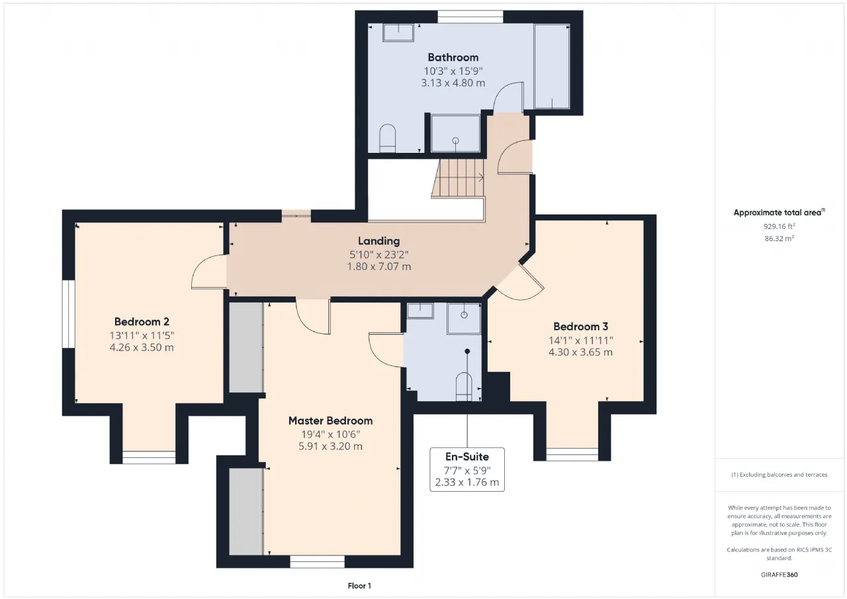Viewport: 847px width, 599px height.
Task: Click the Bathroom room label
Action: point(453,58)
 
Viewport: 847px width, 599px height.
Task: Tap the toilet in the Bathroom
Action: point(387,138)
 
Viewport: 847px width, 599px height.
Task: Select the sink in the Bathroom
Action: point(398,32)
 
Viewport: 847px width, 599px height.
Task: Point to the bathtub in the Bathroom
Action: point(552,67)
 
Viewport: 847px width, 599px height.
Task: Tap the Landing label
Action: point(379,241)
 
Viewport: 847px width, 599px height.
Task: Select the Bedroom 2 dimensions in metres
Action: point(142,347)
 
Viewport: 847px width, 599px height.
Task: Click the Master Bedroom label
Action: point(330,420)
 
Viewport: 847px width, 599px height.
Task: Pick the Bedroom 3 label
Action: point(581,326)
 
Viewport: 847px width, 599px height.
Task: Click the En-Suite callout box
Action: point(467,469)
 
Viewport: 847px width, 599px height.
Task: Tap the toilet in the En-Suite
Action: point(464,387)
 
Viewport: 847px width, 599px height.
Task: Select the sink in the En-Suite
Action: point(420,311)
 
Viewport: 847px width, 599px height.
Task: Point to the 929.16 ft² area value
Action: point(779,226)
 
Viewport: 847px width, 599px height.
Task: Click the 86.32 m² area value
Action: point(779,238)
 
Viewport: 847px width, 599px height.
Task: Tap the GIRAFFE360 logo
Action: point(780,575)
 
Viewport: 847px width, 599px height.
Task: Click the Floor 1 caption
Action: point(359,586)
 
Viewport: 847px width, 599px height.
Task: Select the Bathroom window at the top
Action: point(470,17)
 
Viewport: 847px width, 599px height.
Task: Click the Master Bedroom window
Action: point(317,561)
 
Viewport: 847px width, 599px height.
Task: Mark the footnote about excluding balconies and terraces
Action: point(780,475)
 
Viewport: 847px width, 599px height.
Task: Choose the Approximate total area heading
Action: point(780,212)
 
